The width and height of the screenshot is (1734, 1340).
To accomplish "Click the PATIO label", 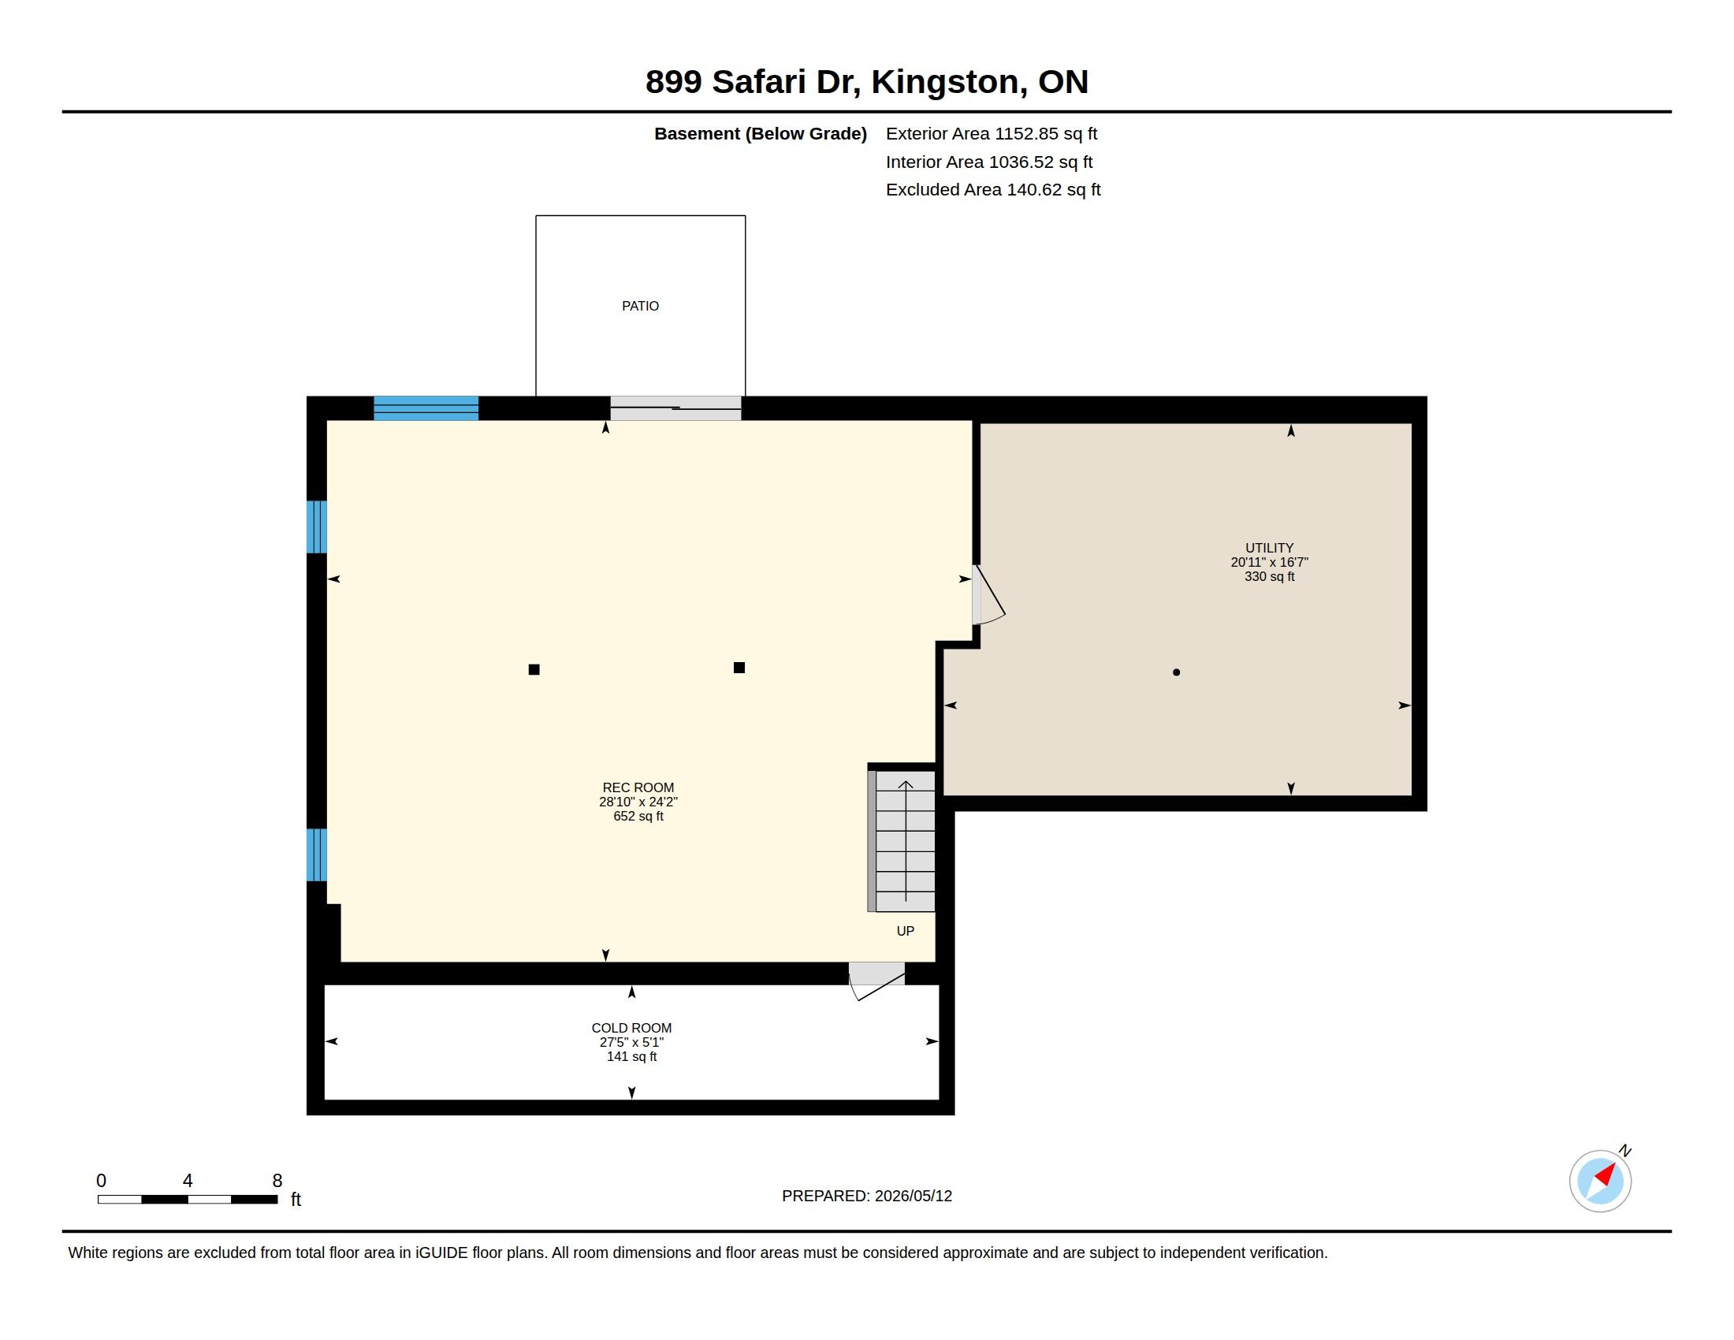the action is tap(640, 306).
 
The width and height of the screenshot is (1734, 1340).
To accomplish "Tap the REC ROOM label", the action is tap(638, 787).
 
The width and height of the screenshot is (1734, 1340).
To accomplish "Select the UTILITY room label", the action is tap(1269, 548).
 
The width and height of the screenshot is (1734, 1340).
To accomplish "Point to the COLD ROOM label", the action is tap(631, 1028).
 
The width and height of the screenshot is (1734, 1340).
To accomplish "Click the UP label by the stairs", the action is tap(905, 930).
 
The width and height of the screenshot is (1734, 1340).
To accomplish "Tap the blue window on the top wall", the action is tap(426, 408).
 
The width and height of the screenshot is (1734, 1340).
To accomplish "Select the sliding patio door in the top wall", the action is tap(675, 408).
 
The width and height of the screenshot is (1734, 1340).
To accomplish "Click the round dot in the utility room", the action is tap(1176, 672).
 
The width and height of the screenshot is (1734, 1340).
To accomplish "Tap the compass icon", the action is tap(1600, 1181).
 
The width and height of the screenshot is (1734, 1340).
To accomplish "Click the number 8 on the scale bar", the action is tap(277, 1181).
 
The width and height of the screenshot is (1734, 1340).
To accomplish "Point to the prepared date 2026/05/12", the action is tap(913, 1196).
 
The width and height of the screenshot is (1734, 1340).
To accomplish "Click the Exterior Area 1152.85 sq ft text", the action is tap(992, 133).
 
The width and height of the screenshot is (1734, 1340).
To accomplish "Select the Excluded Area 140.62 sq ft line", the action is tap(993, 190).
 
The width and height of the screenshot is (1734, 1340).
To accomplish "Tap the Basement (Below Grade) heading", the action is tap(760, 133).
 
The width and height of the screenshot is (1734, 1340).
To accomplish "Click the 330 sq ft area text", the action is tap(1269, 576).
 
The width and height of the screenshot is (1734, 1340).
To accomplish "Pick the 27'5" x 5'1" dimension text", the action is tap(631, 1042).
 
